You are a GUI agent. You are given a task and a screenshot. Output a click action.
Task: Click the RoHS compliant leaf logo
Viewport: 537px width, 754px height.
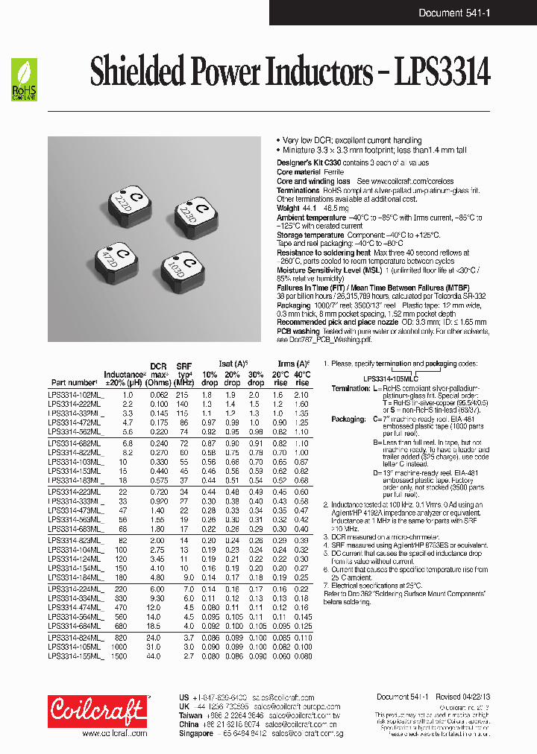[x=24, y=80]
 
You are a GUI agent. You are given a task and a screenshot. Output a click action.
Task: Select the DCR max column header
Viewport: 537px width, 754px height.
[x=158, y=370]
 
